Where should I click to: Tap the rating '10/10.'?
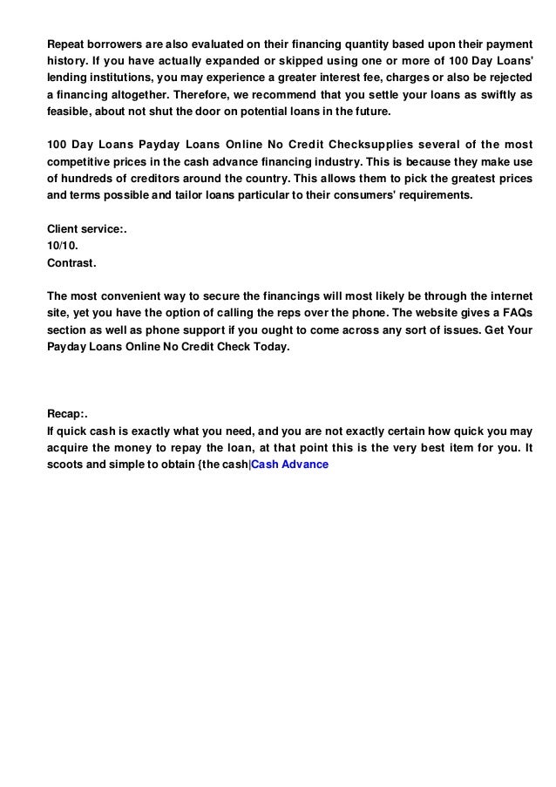click(x=62, y=246)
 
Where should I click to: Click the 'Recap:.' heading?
click(x=68, y=413)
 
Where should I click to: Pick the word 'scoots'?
click(x=66, y=465)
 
